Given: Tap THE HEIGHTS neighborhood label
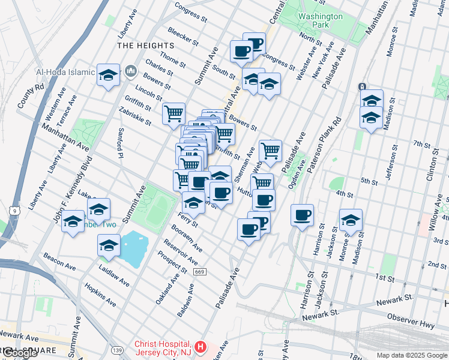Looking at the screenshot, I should pyautogui.click(x=145, y=46).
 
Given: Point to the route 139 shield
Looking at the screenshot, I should pyautogui.click(x=116, y=349).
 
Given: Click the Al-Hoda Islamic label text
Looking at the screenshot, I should pyautogui.click(x=65, y=73).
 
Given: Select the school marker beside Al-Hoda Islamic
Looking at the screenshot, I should pyautogui.click(x=108, y=74).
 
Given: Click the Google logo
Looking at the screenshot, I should pyautogui.click(x=19, y=353).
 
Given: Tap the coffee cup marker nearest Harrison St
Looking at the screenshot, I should pyautogui.click(x=302, y=214).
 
